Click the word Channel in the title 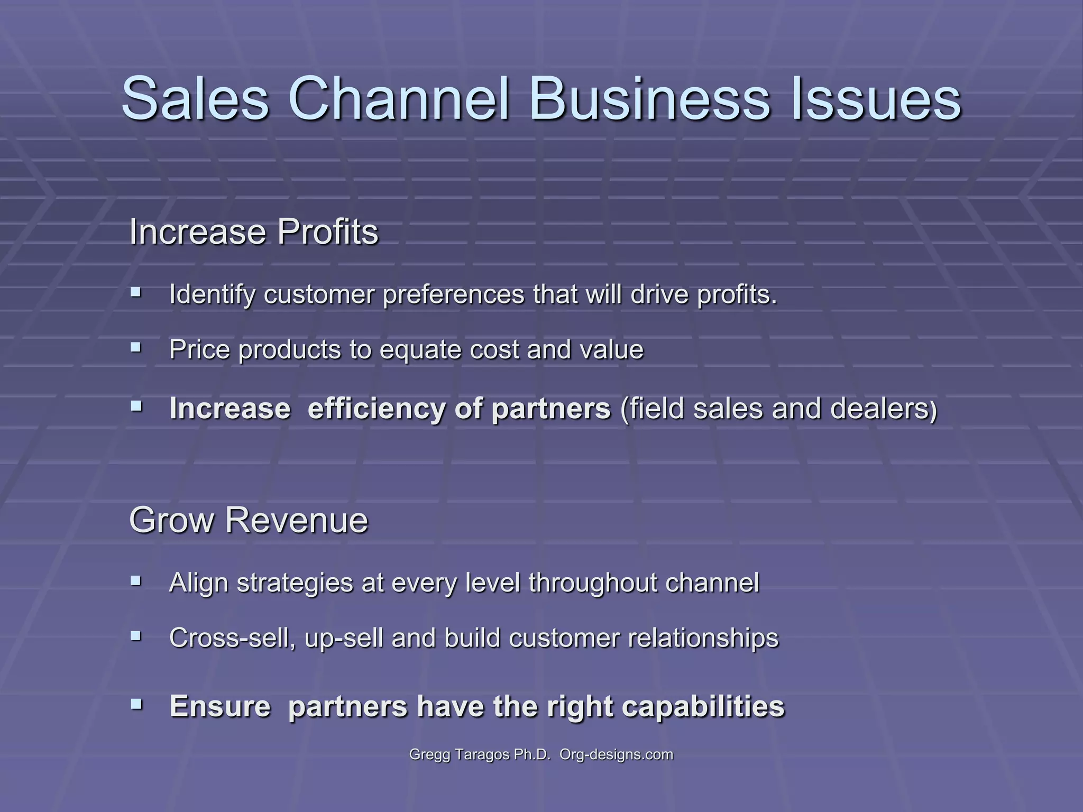click(x=399, y=99)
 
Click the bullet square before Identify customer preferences click(x=136, y=291)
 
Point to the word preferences click(x=454, y=294)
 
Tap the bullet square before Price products click(x=136, y=347)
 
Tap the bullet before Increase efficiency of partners click(x=136, y=406)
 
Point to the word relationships click(x=703, y=639)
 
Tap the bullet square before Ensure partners click(x=136, y=704)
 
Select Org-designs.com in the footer click(x=616, y=754)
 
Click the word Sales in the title click(x=195, y=99)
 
